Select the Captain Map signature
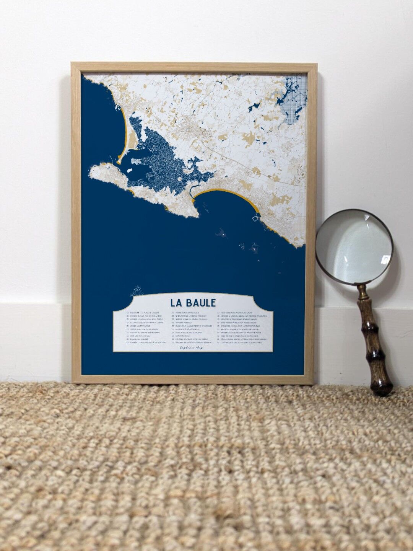click(191, 348)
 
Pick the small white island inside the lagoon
click(131, 171)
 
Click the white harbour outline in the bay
click(255, 218)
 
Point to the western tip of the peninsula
click(91, 170)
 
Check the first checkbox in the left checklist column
click(128, 313)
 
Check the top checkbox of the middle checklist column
click(173, 313)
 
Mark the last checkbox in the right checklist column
click(219, 342)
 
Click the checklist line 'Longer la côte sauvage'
click(141, 326)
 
